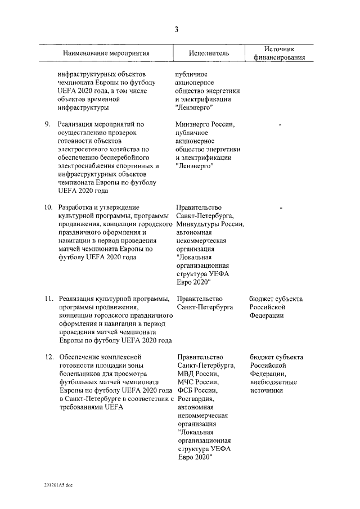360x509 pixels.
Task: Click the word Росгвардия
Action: pyautogui.click(x=195, y=399)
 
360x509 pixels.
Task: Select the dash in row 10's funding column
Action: pyautogui.click(x=280, y=208)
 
